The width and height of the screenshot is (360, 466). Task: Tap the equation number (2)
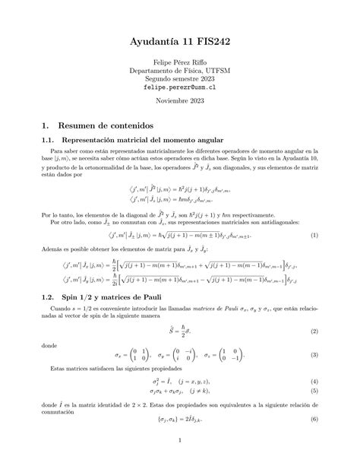[314, 331]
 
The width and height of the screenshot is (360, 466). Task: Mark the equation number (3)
[314, 355]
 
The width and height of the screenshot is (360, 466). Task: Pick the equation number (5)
[314, 391]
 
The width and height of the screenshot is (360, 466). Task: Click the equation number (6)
[314, 420]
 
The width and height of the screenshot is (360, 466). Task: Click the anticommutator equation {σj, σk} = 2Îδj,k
[180, 420]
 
